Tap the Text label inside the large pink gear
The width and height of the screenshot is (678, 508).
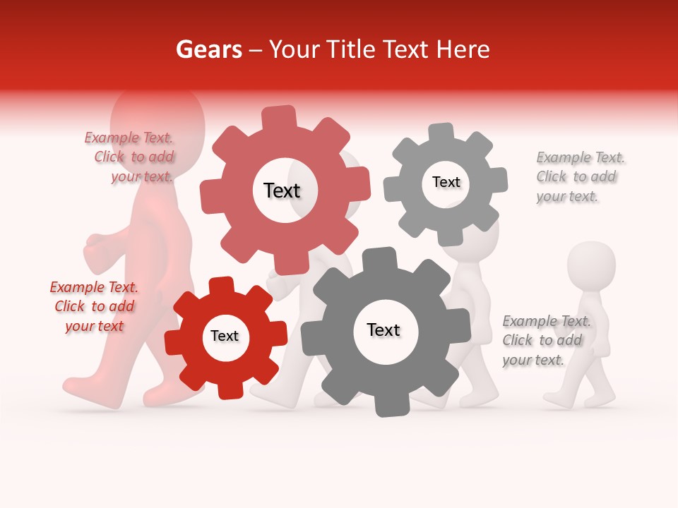click(x=282, y=190)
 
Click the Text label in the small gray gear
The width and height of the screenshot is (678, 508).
click(x=446, y=182)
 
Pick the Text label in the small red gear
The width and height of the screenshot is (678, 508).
click(x=225, y=336)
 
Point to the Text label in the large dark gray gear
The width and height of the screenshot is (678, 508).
click(x=383, y=329)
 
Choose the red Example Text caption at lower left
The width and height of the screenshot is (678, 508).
click(x=94, y=307)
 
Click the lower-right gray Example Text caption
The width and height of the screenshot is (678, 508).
click(x=544, y=341)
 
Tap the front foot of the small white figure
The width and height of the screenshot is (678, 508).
click(x=557, y=401)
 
